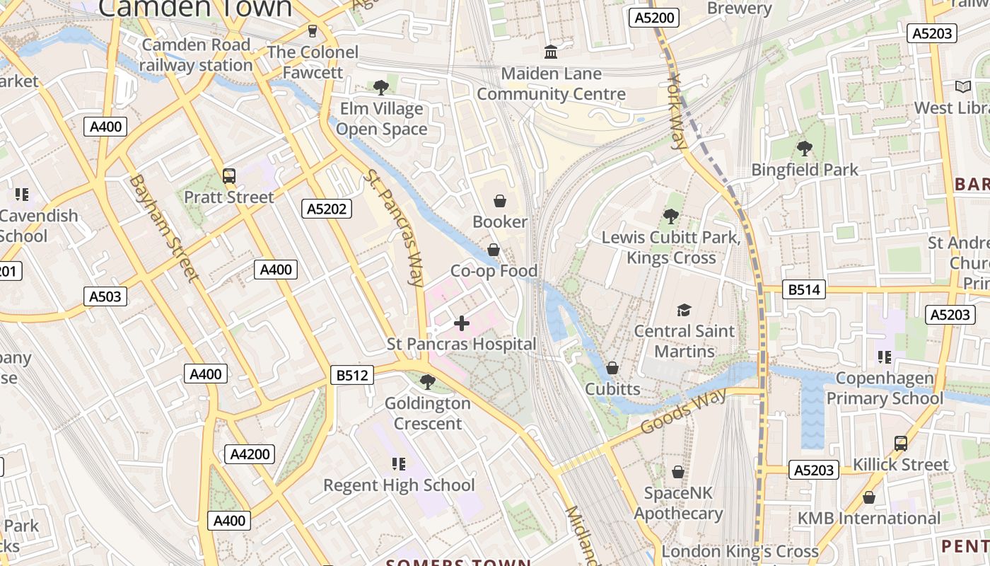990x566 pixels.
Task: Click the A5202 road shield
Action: pos(327,208)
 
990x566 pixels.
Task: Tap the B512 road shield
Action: pos(351,375)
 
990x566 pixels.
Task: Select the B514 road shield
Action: pos(804,289)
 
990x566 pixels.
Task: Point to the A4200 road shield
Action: pos(250,454)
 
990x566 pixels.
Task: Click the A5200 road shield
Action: pos(654,18)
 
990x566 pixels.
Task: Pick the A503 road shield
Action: pos(105,296)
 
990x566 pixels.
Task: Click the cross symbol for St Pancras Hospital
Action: pos(462,324)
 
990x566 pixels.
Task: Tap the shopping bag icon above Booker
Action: pos(500,202)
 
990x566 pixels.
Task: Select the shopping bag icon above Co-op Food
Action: pos(494,250)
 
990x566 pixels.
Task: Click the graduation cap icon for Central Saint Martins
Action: pos(684,310)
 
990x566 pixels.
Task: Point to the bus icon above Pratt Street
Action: pos(228,176)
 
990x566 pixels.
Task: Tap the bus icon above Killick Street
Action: pos(900,444)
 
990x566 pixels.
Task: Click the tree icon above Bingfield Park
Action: pos(804,149)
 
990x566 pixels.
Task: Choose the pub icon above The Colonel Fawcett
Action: pos(312,31)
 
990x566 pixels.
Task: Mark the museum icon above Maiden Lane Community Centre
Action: pos(550,52)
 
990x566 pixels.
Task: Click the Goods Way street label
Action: pos(683,412)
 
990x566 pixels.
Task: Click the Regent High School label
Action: pos(399,485)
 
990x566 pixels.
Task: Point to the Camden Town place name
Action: pos(194,8)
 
